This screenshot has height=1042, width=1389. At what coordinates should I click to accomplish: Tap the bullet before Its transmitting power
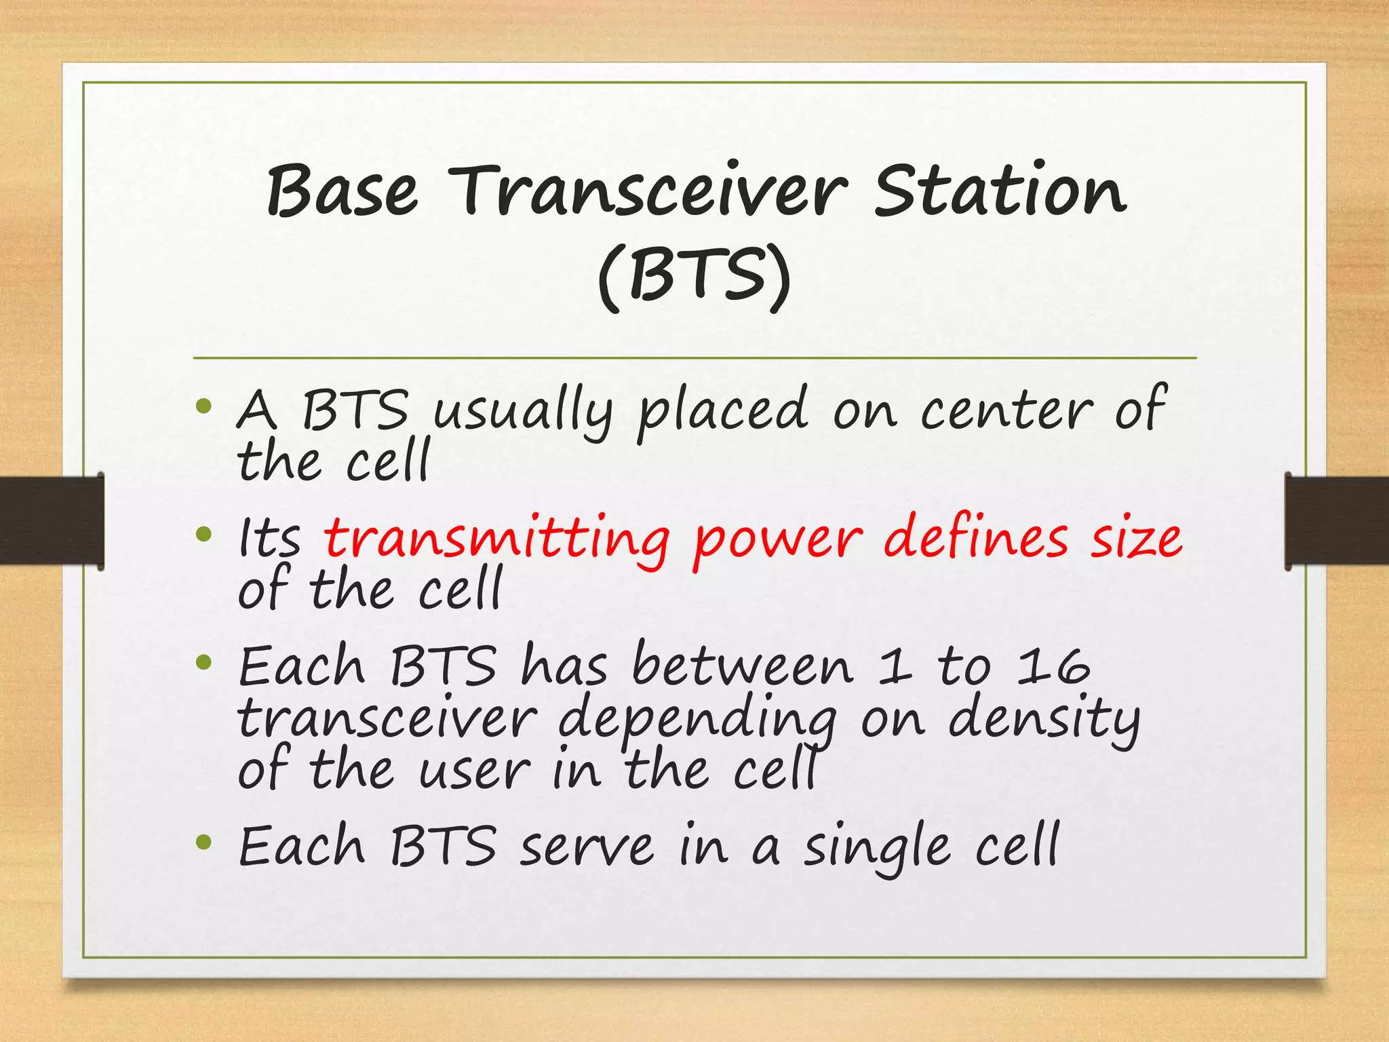pyautogui.click(x=203, y=535)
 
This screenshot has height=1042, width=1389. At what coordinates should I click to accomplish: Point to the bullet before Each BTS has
pyautogui.click(x=203, y=662)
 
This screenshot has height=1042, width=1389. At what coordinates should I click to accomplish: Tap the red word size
pyautogui.click(x=1136, y=539)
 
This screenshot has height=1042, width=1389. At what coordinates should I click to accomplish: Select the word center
pyautogui.click(x=1006, y=410)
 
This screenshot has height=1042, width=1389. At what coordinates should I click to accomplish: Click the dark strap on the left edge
pyautogui.click(x=52, y=520)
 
